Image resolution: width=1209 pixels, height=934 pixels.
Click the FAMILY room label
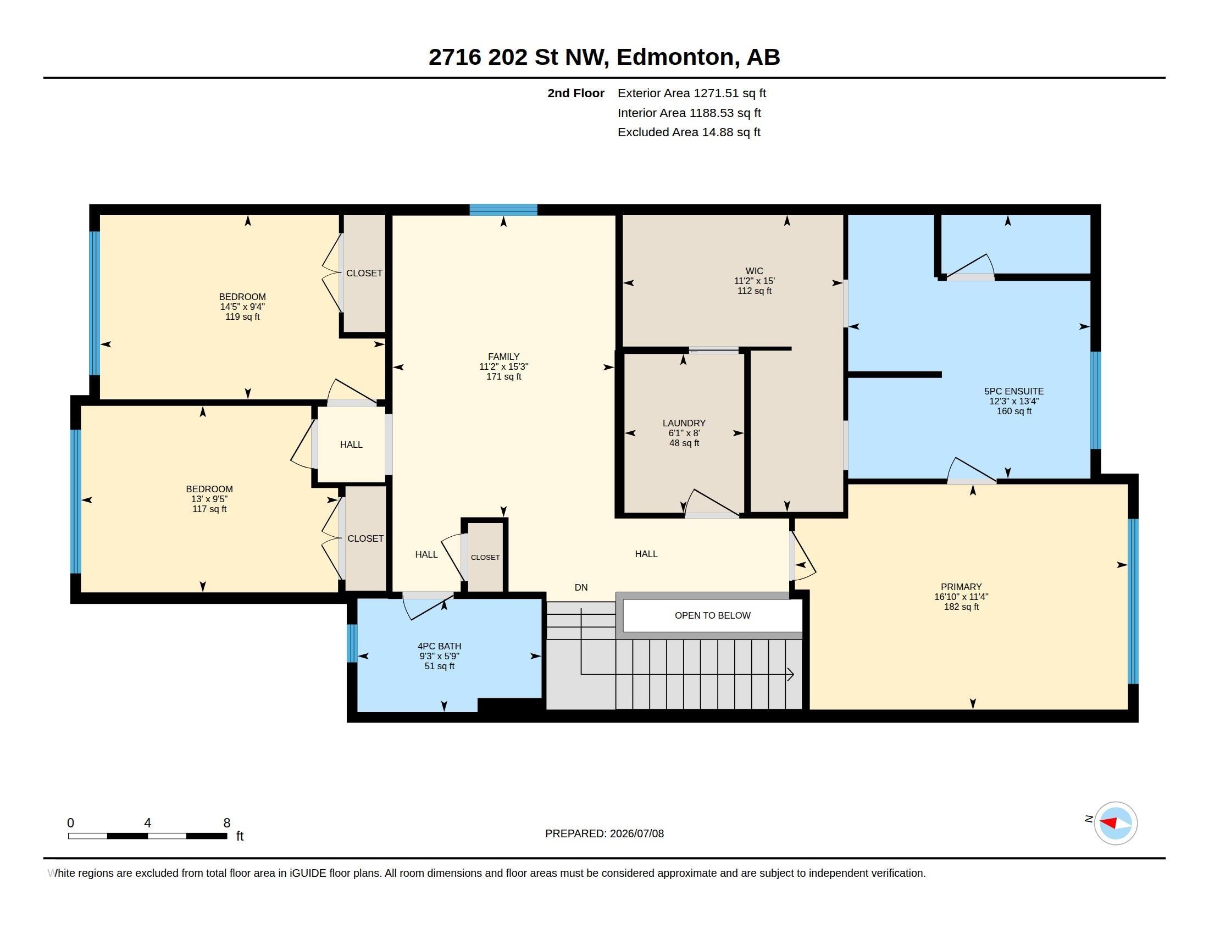[504, 357]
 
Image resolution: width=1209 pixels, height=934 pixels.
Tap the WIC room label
[754, 271]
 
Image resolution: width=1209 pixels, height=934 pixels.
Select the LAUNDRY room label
[684, 423]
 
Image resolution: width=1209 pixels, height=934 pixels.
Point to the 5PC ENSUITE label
[1013, 391]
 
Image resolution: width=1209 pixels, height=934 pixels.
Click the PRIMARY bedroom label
[961, 587]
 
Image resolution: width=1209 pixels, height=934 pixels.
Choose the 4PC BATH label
[439, 646]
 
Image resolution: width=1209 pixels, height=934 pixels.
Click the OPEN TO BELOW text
[712, 615]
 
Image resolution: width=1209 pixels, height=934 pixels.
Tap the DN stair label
[581, 588]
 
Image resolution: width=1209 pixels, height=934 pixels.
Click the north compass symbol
[1115, 823]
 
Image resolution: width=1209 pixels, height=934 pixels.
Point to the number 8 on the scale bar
[226, 823]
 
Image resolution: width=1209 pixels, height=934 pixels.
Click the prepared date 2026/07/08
[636, 833]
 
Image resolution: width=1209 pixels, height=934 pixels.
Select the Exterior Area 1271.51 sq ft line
[691, 93]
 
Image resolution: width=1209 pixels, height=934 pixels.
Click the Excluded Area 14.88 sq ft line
[689, 132]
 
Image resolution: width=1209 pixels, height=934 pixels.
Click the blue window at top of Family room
[503, 210]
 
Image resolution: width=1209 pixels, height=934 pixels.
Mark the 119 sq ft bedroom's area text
[242, 317]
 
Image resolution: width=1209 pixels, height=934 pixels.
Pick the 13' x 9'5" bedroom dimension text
[209, 499]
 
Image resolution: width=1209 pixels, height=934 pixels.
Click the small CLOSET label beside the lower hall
[485, 557]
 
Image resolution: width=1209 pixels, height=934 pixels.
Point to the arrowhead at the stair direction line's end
[791, 675]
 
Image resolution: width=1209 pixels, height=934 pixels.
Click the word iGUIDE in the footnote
[307, 873]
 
